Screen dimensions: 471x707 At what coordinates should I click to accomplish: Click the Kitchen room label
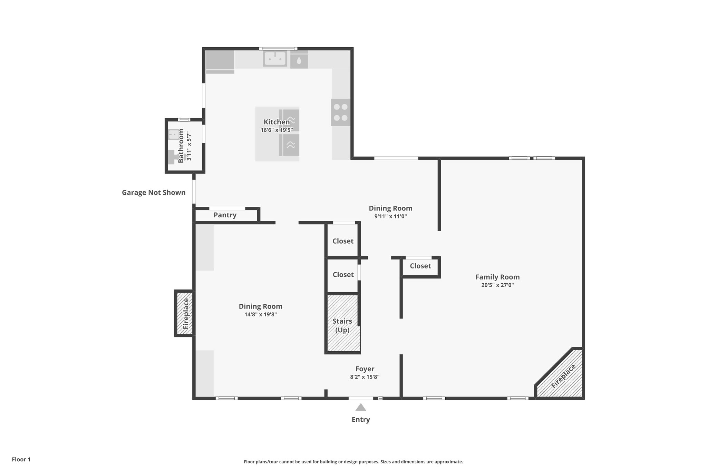[277, 122]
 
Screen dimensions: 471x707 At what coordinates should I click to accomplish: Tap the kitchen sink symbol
[275, 58]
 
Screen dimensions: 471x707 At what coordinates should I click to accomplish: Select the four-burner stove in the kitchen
[340, 112]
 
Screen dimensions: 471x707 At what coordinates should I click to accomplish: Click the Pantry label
[225, 215]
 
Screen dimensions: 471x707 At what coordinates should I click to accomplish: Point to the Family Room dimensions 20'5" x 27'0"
[497, 285]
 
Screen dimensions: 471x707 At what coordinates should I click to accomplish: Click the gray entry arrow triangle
[361, 408]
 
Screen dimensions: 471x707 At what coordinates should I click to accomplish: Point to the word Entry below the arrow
[361, 420]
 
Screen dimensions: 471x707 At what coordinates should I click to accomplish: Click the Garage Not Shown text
[154, 193]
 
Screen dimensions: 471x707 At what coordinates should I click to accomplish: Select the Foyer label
[365, 369]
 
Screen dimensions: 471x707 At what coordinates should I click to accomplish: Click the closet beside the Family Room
[420, 266]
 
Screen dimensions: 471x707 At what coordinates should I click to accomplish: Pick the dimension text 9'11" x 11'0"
[390, 216]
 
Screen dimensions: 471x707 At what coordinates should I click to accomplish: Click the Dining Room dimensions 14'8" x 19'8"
[260, 314]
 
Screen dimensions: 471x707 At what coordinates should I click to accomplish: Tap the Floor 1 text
[21, 459]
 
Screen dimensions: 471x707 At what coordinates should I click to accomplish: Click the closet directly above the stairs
[343, 275]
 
